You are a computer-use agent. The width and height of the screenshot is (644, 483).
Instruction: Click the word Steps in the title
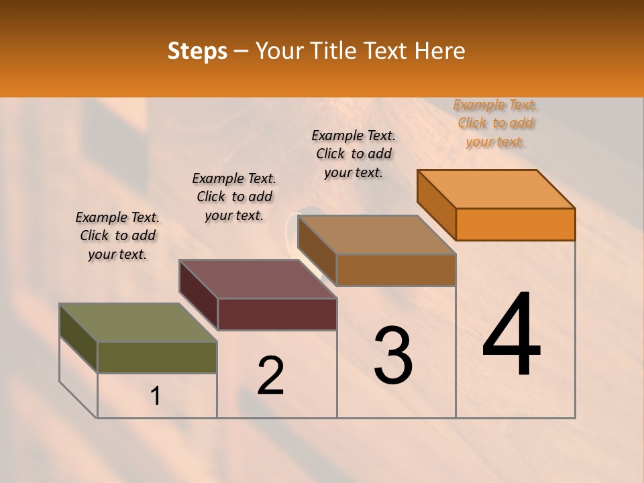click(197, 52)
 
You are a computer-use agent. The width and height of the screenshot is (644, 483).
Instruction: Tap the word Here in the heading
click(441, 52)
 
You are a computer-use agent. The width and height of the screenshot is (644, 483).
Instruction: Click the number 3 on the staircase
click(393, 356)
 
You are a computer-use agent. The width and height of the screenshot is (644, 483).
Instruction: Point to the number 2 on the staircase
click(270, 376)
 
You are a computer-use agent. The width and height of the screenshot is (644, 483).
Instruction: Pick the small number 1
click(156, 396)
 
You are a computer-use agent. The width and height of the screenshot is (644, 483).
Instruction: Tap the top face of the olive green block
click(138, 323)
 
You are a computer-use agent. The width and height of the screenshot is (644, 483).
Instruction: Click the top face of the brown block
click(376, 235)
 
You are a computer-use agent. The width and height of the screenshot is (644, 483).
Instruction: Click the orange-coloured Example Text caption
click(495, 123)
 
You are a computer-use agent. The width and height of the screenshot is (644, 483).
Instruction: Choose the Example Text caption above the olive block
click(117, 235)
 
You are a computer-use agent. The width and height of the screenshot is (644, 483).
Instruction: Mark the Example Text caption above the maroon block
click(234, 197)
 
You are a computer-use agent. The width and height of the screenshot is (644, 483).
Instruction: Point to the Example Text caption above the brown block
click(354, 154)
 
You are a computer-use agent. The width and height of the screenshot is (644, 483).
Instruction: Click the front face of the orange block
click(515, 224)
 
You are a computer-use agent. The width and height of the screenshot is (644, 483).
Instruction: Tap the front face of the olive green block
click(157, 358)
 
